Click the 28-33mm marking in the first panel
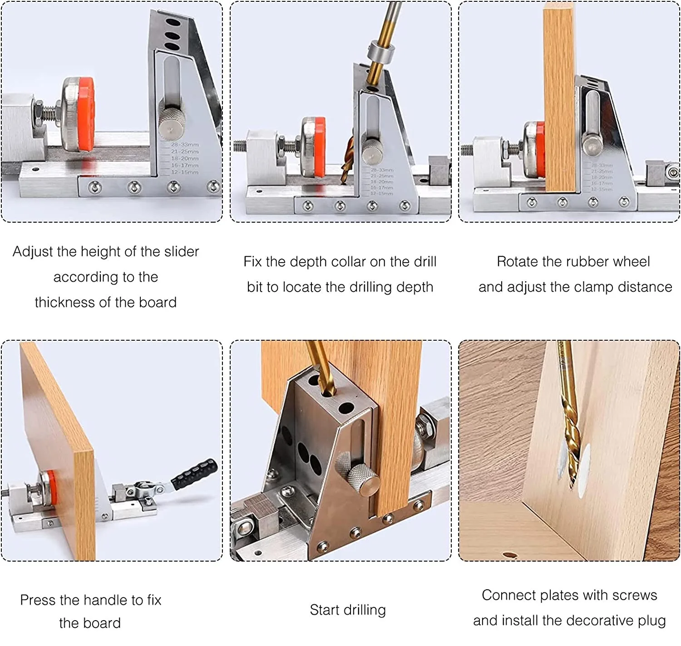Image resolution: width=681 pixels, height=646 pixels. (x=184, y=144)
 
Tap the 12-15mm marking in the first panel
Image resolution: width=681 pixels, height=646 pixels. (x=184, y=172)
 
